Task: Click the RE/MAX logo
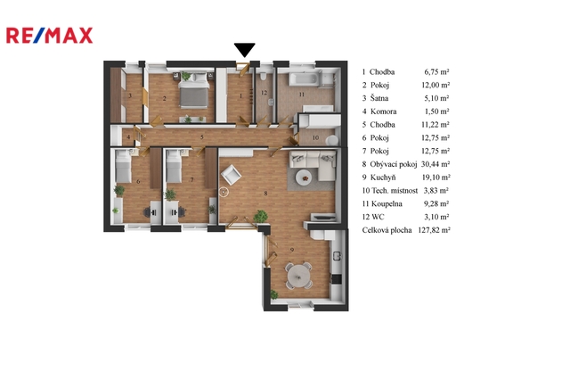[x=50, y=36]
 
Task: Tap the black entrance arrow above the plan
[x=244, y=50]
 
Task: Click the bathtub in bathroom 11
[x=305, y=79]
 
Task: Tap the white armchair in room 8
[x=232, y=175]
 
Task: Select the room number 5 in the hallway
[x=202, y=137]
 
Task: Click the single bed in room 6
[x=123, y=166]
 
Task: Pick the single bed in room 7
[x=174, y=166]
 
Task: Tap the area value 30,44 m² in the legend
[x=436, y=164]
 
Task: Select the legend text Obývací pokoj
[x=394, y=164]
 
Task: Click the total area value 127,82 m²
[x=434, y=230]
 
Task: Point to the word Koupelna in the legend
[x=387, y=203]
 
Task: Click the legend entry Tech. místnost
[x=395, y=190]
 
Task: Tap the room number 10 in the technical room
[x=315, y=137]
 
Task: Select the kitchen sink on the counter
[x=338, y=256]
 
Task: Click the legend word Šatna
[x=379, y=98]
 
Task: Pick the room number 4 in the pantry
[x=128, y=137]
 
